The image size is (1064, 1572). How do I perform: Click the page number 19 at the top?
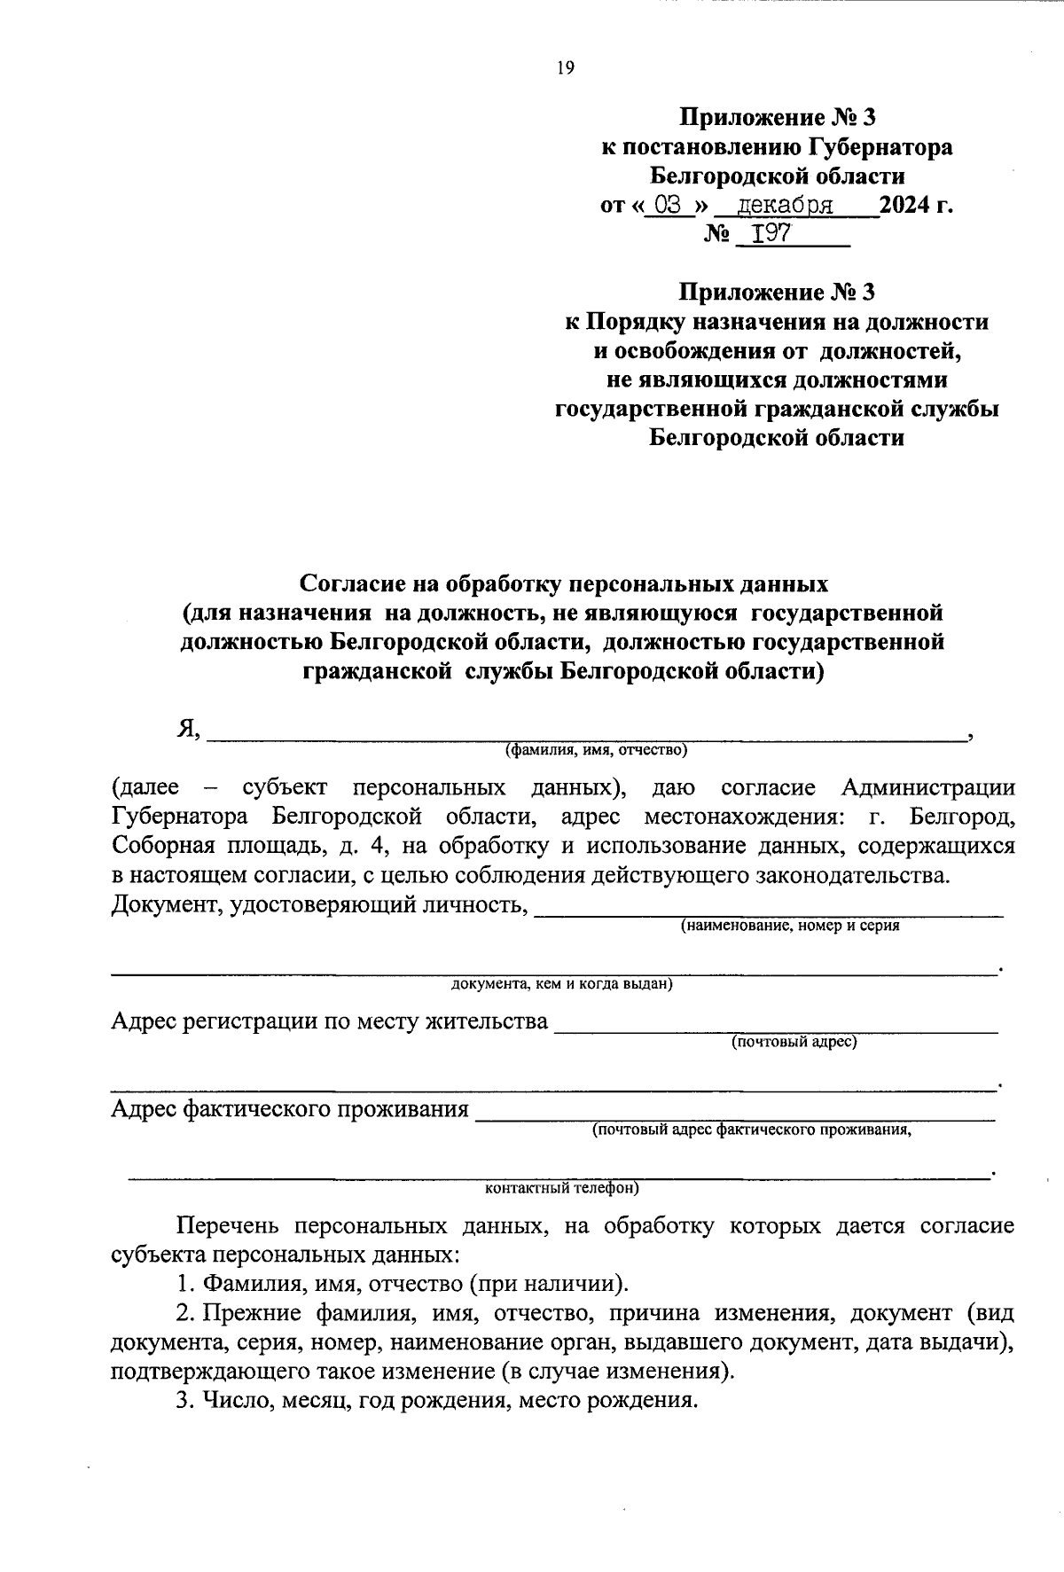pos(566,69)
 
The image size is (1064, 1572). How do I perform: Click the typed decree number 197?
pos(771,234)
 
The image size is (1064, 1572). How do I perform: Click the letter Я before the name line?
pos(185,729)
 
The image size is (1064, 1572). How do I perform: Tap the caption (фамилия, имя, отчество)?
pos(596,751)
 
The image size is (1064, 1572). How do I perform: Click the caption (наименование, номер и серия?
pos(789,926)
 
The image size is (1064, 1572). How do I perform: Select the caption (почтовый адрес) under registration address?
pos(794,1042)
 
